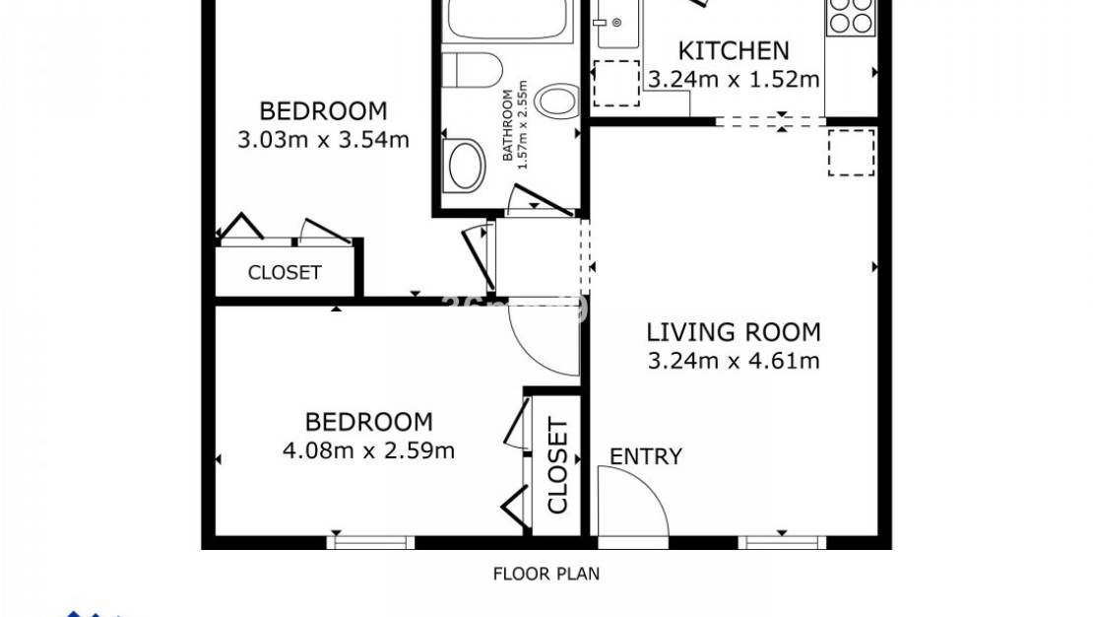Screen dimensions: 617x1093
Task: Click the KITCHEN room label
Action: pos(734,50)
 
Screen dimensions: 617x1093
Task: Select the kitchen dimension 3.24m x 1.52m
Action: pos(734,79)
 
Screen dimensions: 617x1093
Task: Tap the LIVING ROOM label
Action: pos(734,332)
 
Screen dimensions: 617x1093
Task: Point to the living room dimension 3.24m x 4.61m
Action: pos(734,361)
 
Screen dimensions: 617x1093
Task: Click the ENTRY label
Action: pos(646,456)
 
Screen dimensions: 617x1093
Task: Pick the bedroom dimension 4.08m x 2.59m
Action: pos(368,451)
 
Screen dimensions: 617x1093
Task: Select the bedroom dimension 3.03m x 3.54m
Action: pos(323,139)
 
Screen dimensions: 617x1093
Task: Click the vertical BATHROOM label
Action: pos(516,128)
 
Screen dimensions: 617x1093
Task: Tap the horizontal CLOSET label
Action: pos(285,273)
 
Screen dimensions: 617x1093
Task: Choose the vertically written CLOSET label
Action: pos(557,466)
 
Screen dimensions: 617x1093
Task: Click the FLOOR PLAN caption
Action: pos(546,573)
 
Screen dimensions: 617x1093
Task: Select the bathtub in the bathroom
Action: pos(508,20)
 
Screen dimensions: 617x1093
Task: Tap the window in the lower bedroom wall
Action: pos(370,541)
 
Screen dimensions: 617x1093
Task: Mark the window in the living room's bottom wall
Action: pos(782,541)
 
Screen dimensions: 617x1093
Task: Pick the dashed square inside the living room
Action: pos(851,152)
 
